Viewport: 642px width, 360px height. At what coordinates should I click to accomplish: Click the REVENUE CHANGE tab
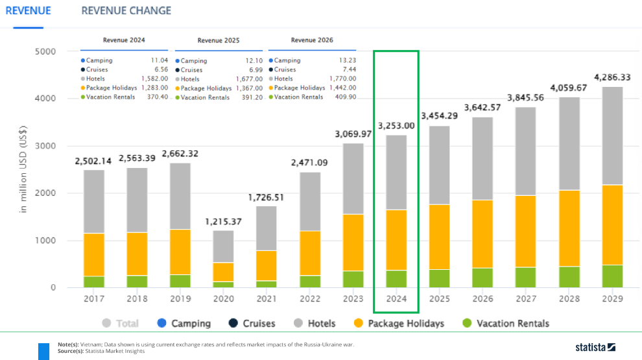coord(126,10)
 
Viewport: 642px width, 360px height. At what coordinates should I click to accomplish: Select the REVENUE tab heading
coord(29,10)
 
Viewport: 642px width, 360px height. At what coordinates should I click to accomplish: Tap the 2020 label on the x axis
coord(224,298)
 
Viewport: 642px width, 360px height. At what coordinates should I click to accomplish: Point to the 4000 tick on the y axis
coord(45,99)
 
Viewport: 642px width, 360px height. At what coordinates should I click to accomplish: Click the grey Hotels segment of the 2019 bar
coord(180,196)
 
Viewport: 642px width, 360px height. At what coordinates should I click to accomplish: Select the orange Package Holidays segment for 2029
coord(613,225)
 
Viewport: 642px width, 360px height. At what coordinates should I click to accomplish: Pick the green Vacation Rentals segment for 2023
coord(353,280)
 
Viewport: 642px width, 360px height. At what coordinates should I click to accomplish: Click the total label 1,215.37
coord(224,222)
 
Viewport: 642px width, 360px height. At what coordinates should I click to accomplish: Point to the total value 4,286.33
coord(613,77)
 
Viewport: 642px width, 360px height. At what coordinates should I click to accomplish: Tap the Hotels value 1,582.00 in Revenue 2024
coord(155,78)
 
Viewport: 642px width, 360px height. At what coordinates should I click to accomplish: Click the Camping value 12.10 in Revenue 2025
coord(254,60)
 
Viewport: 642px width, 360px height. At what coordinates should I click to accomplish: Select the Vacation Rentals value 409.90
coord(346,97)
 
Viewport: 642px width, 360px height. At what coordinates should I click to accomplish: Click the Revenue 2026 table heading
coord(312,40)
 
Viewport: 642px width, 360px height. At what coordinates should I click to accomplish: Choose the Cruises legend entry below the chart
coord(252,323)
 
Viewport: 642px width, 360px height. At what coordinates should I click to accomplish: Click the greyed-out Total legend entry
coord(121,323)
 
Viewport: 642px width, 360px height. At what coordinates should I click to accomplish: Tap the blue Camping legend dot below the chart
coord(161,323)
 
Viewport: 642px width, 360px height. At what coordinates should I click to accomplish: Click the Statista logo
coord(595,347)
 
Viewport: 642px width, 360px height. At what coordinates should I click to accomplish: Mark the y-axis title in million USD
coord(23,169)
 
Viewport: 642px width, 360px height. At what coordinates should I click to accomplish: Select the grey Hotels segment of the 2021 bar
coord(266,228)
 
